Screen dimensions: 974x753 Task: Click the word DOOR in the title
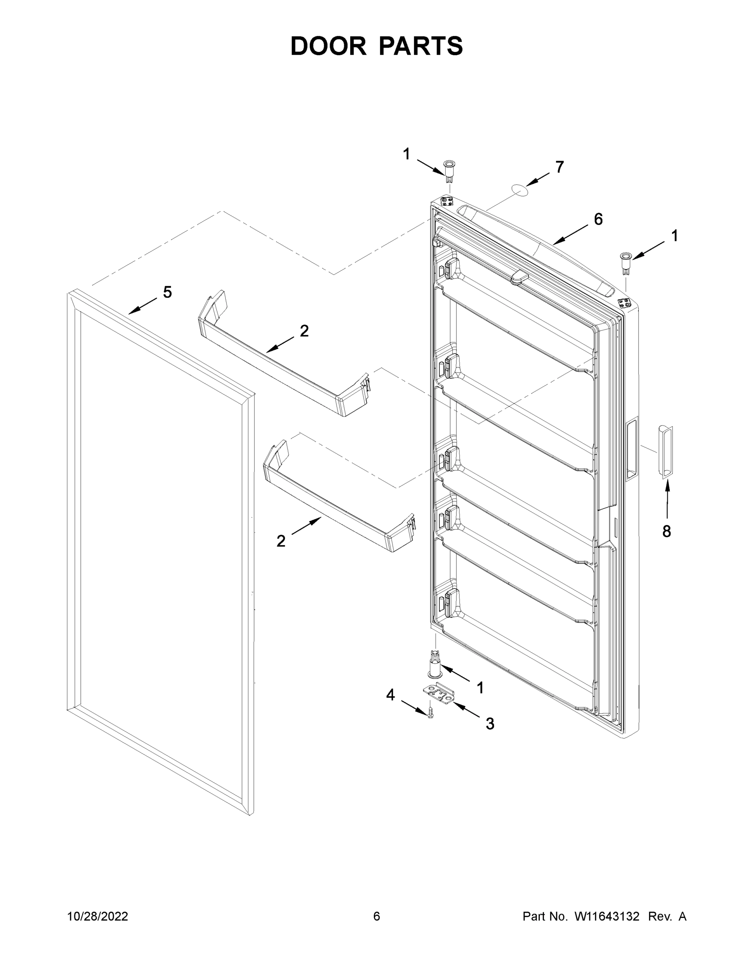[x=328, y=46]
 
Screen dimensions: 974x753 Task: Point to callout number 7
[x=559, y=167]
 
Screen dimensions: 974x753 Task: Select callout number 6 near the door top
[x=598, y=219]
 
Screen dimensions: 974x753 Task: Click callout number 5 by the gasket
[x=167, y=293]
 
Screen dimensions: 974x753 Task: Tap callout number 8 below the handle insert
[x=667, y=531]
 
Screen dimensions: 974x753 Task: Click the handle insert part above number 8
[x=665, y=452]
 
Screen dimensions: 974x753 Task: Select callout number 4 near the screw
[x=391, y=694]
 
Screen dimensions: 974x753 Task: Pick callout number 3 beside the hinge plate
[x=490, y=723]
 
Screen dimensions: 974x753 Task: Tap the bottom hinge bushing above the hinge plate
[x=434, y=664]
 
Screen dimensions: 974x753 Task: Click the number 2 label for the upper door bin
[x=304, y=331]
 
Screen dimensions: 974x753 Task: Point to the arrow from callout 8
[x=667, y=500]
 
